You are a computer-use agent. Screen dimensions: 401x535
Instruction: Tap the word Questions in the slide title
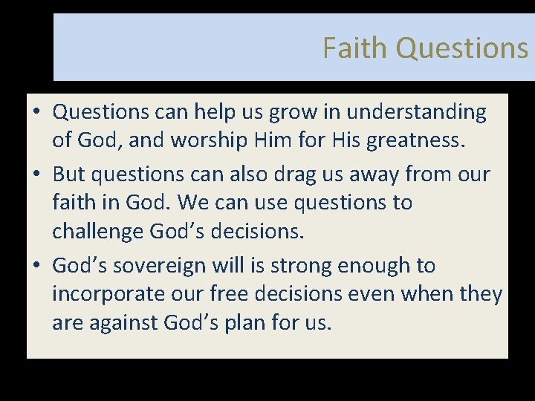point(461,48)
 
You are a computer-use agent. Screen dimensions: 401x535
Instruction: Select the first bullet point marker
point(36,113)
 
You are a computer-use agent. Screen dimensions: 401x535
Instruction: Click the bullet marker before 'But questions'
point(36,175)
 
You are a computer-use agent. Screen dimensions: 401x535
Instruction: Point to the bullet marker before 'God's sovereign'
point(36,266)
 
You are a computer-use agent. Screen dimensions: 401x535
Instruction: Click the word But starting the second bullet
point(69,175)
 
